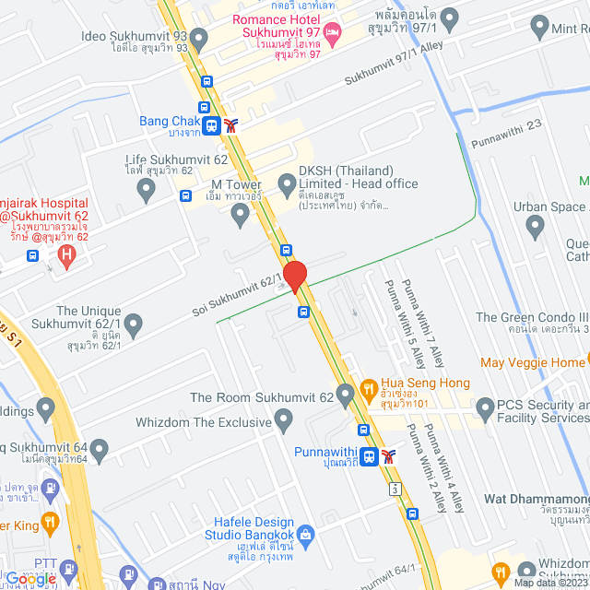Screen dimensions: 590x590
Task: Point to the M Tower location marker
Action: tap(241, 216)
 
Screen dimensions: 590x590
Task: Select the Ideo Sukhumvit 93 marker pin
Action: tap(198, 36)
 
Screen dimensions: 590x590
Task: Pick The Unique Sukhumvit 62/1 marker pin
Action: tap(134, 324)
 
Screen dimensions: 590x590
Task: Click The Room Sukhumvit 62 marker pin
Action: tap(346, 397)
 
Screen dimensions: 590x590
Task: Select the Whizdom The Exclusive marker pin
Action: tap(284, 421)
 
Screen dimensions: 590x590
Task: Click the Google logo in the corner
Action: tap(31, 578)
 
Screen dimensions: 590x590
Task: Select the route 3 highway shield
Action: tap(395, 487)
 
